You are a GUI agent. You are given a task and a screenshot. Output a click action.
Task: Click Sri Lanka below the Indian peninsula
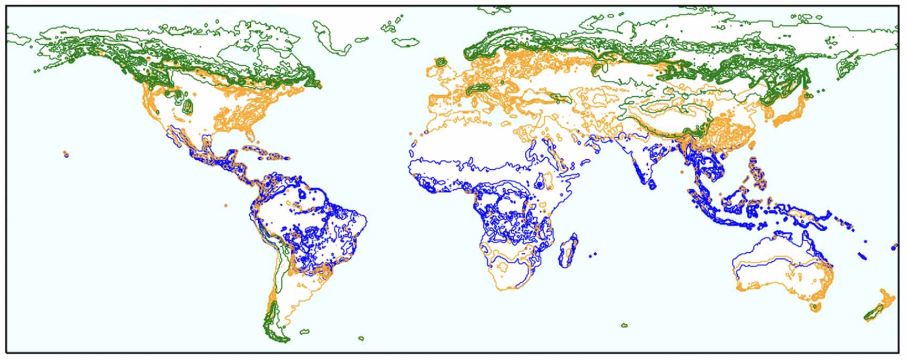click(x=652, y=184)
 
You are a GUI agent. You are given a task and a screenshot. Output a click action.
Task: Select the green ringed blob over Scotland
click(x=441, y=63)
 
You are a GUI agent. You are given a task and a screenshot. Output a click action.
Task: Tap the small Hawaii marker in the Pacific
click(x=66, y=154)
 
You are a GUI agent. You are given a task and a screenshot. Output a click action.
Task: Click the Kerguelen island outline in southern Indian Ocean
click(x=624, y=325)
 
